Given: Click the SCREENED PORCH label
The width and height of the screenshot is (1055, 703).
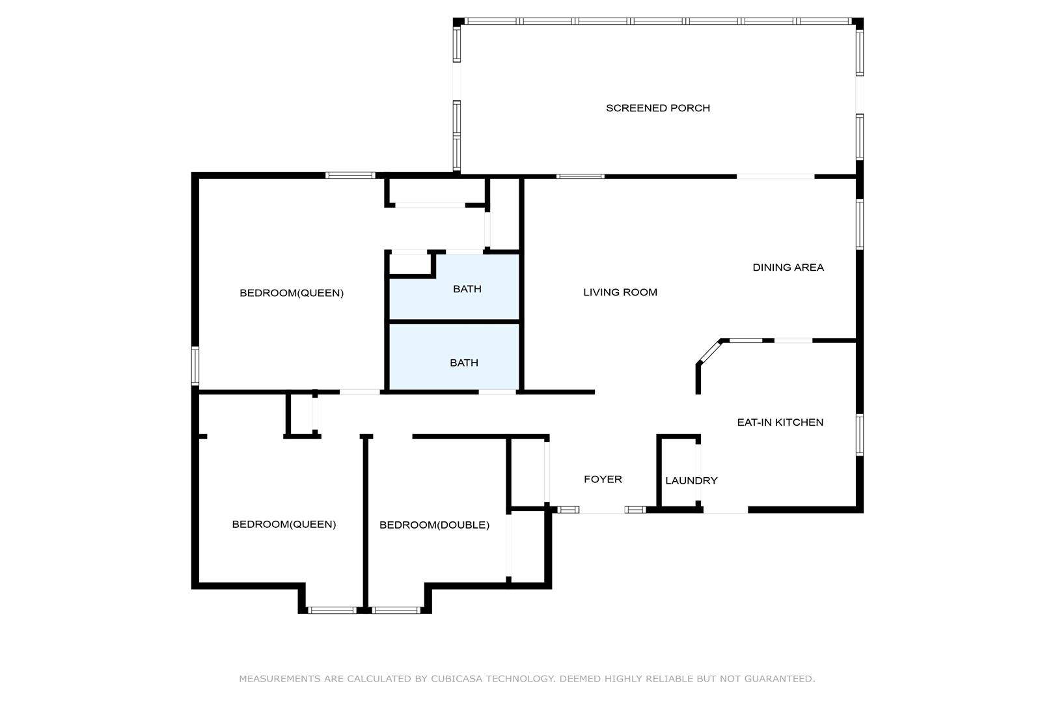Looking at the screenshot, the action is (x=657, y=108).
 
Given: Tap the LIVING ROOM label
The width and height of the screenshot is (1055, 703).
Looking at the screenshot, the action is (x=620, y=292).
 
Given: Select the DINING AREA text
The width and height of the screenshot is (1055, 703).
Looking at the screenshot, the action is (x=788, y=268).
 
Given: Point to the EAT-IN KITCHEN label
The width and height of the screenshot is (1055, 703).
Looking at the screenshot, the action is (x=780, y=422).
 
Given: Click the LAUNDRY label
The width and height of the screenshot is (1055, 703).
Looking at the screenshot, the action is (x=691, y=480).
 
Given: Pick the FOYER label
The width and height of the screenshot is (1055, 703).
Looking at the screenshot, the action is (x=603, y=479).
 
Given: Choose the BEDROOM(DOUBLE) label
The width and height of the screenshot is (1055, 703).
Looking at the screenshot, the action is (x=434, y=525).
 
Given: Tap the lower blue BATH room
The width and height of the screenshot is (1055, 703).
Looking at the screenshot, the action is (x=454, y=357).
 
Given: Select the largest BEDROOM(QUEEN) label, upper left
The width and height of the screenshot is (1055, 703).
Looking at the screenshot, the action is (x=292, y=293).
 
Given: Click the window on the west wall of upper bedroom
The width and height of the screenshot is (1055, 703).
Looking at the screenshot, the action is (x=195, y=366).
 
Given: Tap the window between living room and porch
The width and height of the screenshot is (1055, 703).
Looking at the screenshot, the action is (x=581, y=176).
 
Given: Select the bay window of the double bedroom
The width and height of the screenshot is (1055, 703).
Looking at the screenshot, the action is (x=396, y=610).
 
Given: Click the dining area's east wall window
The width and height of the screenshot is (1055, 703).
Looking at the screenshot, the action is (x=860, y=225).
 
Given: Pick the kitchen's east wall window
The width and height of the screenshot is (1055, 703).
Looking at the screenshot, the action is (x=860, y=434).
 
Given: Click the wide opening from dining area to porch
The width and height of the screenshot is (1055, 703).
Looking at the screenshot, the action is (x=776, y=176).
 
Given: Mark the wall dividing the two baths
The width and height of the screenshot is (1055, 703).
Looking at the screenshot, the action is (x=454, y=322).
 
